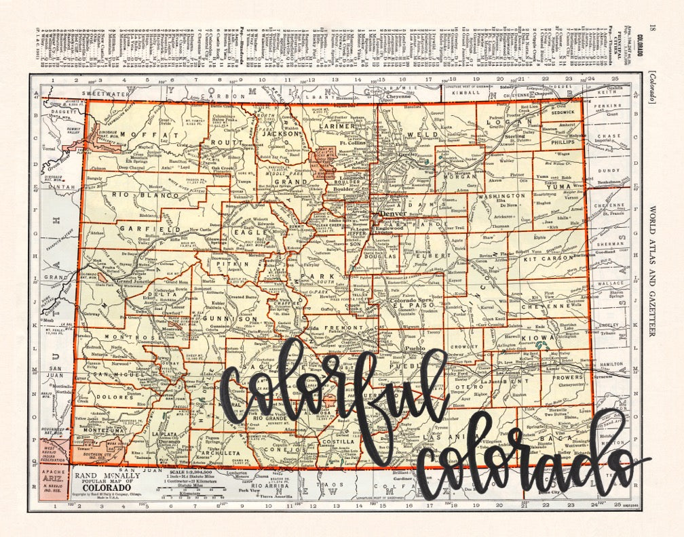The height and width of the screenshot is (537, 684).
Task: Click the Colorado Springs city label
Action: pyautogui.click(x=412, y=300)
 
